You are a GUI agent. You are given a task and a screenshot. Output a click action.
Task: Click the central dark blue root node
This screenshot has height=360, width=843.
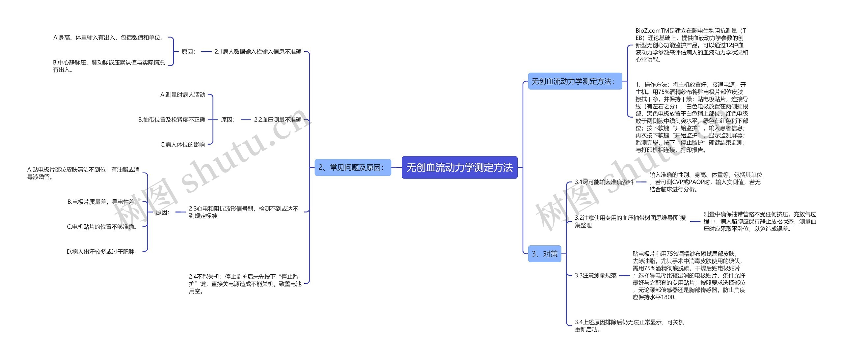pos(459,168)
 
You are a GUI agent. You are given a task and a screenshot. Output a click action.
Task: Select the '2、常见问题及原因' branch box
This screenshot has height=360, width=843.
pos(352,168)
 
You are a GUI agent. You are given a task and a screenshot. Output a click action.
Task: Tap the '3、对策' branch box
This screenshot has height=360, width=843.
pos(544,254)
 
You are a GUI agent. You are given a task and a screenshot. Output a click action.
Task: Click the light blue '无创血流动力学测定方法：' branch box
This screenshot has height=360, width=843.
pos(575,81)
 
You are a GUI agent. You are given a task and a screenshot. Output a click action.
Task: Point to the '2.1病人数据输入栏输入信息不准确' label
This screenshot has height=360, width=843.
pos(258,52)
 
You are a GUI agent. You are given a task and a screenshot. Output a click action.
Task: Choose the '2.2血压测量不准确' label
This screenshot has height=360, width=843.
pos(277,120)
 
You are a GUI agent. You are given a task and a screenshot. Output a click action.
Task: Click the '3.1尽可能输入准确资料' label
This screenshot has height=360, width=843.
pos(604,182)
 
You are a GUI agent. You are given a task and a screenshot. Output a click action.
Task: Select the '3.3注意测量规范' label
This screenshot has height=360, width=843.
pos(595,275)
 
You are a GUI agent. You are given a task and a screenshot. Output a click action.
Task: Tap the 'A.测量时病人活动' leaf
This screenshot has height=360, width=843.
pos(183,95)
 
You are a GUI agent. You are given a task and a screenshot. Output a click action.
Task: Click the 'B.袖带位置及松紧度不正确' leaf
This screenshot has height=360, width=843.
pos(172,120)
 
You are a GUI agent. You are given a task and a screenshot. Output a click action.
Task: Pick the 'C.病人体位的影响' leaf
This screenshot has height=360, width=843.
pos(182,145)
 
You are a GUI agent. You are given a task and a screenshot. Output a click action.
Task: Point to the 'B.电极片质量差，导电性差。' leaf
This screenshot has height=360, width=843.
pos(103,202)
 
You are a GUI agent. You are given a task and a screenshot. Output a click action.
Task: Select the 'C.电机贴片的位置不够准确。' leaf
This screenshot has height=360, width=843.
pos(102,227)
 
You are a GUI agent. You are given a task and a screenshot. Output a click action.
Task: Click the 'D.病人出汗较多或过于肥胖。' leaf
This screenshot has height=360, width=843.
pos(102,252)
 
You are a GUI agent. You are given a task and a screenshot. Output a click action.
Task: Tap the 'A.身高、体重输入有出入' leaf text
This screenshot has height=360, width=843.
pos(109,38)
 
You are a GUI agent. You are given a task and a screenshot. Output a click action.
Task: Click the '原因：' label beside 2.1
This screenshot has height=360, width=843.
pos(189,52)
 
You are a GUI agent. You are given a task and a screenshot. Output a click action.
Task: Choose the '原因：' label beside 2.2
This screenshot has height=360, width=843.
pos(228,120)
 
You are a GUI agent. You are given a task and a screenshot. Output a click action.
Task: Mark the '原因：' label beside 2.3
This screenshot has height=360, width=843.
pos(163,212)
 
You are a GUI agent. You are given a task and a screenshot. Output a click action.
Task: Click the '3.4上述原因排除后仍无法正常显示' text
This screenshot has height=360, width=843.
pos(629,325)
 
